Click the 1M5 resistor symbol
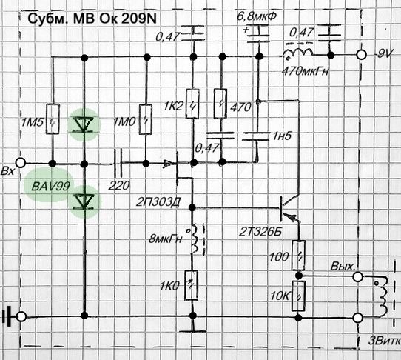[x=53, y=119]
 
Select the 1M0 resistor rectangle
[x=146, y=119]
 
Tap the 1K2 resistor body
[x=192, y=104]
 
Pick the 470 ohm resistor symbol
[x=220, y=104]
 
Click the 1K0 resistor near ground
[x=192, y=285]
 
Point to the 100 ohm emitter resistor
[x=298, y=256]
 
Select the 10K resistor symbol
[x=298, y=296]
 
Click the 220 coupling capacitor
[x=118, y=163]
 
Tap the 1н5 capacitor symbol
[x=256, y=136]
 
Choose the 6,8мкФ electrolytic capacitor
[x=257, y=33]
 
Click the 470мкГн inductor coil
[x=298, y=52]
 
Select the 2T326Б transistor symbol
[x=289, y=209]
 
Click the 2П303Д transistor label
[x=158, y=202]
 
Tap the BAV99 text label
[x=50, y=187]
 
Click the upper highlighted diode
[x=84, y=124]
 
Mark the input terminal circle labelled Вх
[x=21, y=162]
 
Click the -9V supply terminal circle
[x=361, y=55]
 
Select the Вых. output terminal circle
[x=357, y=277]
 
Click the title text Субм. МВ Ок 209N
[x=92, y=19]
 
